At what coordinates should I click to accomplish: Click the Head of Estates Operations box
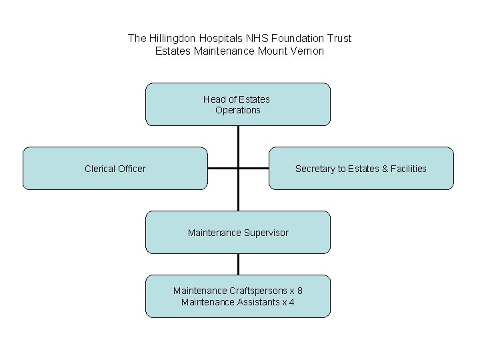(238, 105)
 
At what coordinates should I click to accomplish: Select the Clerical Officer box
(115, 169)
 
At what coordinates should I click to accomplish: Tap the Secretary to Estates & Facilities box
(361, 169)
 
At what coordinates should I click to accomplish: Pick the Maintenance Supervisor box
(238, 233)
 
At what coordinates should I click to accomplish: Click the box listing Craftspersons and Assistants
(238, 297)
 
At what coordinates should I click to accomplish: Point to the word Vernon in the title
(307, 51)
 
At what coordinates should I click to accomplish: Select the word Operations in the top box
(238, 110)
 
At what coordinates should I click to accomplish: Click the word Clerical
(100, 169)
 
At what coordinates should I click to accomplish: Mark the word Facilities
(405, 169)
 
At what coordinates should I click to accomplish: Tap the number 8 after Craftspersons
(300, 291)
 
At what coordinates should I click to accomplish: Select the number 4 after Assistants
(292, 302)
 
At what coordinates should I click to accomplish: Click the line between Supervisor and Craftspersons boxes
(238, 264)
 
